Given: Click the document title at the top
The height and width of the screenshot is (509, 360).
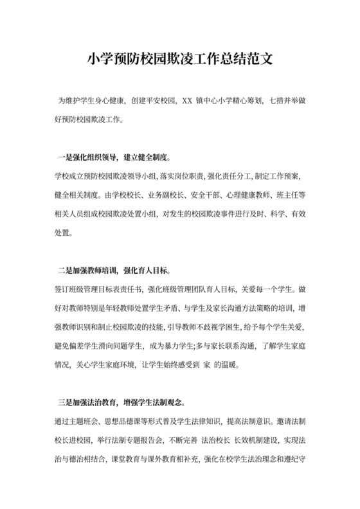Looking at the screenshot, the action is (x=180, y=60).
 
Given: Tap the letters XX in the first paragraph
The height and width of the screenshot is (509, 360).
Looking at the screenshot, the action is (x=187, y=101).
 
